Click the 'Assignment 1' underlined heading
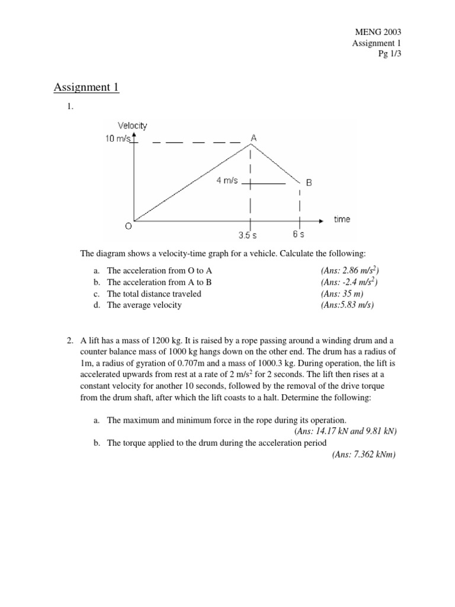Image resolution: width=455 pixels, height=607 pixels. pyautogui.click(x=86, y=88)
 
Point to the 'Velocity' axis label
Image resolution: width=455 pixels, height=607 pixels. pyautogui.click(x=132, y=125)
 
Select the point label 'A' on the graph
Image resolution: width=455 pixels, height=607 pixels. pyautogui.click(x=254, y=138)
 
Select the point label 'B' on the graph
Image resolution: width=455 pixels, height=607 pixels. pyautogui.click(x=309, y=183)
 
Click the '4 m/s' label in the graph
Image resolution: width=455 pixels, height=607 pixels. pyautogui.click(x=227, y=180)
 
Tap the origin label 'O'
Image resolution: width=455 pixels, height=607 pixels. pyautogui.click(x=128, y=226)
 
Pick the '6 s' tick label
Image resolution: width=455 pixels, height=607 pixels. pyautogui.click(x=299, y=234)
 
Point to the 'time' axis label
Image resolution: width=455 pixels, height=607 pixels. pyautogui.click(x=342, y=219)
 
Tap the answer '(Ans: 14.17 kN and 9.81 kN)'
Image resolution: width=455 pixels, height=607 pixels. pyautogui.click(x=345, y=431)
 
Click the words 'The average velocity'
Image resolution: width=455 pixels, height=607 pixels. pyautogui.click(x=144, y=305)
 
